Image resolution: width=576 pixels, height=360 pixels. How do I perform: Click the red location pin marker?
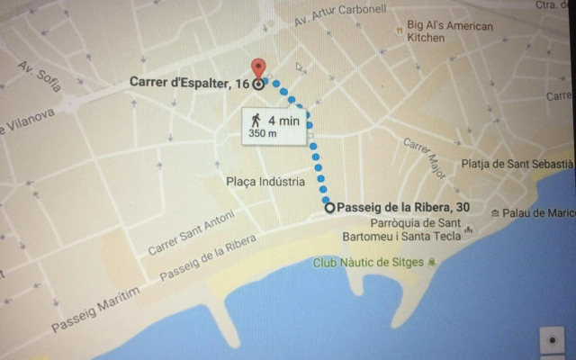(259, 68)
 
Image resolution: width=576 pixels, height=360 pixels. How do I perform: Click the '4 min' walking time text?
(283, 119)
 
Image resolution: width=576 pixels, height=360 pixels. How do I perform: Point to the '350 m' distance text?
(263, 133)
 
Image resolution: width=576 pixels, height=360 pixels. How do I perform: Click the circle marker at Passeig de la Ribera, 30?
(329, 207)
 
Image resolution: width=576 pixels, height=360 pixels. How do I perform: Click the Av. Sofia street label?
(39, 77)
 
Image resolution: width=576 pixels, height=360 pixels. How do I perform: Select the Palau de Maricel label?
(538, 213)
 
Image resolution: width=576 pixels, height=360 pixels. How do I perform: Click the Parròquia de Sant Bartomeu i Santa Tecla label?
(416, 229)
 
